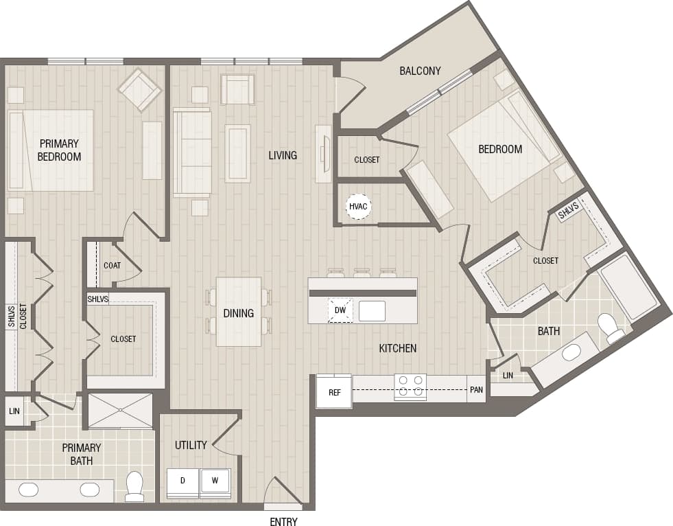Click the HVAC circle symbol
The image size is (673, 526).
358,205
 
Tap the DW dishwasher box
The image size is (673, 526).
340,310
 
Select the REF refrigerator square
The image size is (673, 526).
334,392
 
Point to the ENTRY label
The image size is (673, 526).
283,522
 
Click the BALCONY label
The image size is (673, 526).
420,71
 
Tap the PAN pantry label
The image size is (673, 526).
476,389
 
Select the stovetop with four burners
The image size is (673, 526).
410,387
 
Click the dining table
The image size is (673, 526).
239,312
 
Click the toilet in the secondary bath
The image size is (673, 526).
609,326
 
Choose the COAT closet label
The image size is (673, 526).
112,265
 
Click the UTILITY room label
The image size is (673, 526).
191,445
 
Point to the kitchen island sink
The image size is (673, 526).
372,310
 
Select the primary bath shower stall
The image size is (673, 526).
120,411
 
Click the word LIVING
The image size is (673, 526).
283,155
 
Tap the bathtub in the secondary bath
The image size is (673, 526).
628,287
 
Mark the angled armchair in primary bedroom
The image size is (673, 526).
139,89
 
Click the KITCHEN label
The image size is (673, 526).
398,348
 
